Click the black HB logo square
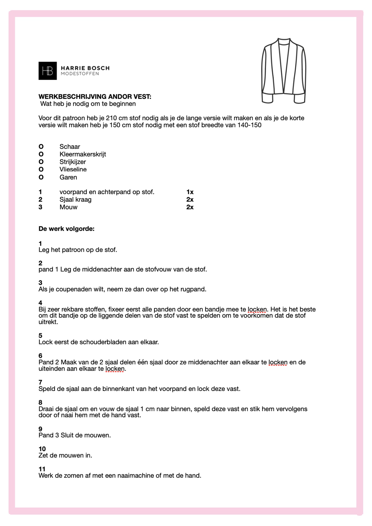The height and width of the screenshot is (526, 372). click(x=48, y=71)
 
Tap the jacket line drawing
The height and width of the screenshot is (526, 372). click(x=284, y=71)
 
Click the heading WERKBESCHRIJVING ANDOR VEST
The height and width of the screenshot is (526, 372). click(x=95, y=97)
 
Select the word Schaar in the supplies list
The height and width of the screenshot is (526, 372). click(x=70, y=147)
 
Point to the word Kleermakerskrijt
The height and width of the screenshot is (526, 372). click(x=83, y=154)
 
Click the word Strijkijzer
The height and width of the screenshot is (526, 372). click(x=73, y=162)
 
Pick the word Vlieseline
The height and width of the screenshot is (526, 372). click(x=73, y=169)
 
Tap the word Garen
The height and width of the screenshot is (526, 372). click(x=68, y=177)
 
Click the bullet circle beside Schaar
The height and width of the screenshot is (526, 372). click(x=41, y=147)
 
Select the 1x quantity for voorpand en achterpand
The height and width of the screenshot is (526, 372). click(x=190, y=192)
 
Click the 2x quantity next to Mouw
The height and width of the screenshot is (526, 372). click(x=190, y=207)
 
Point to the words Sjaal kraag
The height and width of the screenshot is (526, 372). click(x=75, y=200)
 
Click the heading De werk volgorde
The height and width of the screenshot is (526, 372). click(x=66, y=229)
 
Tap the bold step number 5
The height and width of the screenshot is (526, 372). click(x=40, y=336)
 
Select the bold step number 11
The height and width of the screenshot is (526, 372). click(x=42, y=469)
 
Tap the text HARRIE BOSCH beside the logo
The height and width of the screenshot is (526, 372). click(x=85, y=68)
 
